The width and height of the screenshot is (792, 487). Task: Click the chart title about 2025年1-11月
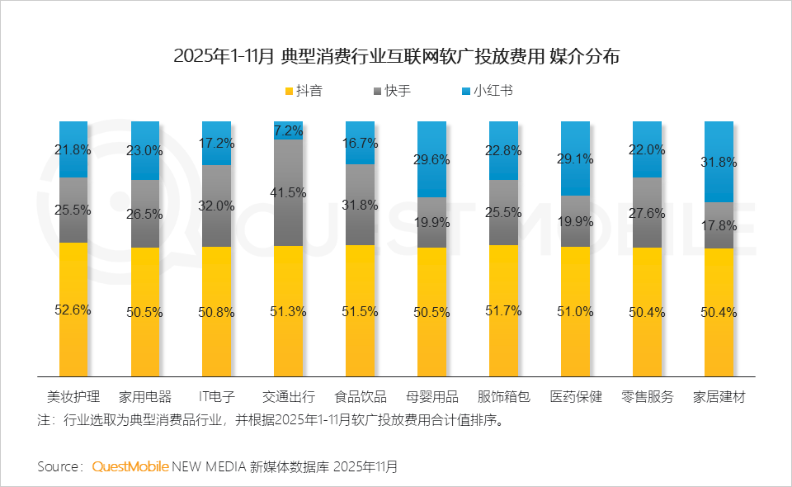pyautogui.click(x=396, y=57)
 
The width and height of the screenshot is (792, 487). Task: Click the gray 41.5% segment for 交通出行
pyautogui.click(x=288, y=192)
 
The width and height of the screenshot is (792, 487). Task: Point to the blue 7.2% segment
pyautogui.click(x=288, y=130)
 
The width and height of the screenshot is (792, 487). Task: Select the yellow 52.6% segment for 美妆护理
pyautogui.click(x=73, y=310)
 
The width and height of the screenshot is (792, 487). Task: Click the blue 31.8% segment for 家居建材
pyautogui.click(x=719, y=162)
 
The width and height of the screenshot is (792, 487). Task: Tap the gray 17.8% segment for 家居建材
pyautogui.click(x=719, y=225)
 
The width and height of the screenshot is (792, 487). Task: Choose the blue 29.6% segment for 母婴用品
pyautogui.click(x=431, y=159)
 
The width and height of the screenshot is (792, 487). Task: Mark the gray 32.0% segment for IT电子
pyautogui.click(x=216, y=206)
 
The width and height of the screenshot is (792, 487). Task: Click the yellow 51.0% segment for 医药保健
pyautogui.click(x=575, y=311)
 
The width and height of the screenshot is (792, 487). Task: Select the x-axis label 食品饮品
pyautogui.click(x=360, y=397)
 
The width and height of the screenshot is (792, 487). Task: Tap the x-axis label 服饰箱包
pyautogui.click(x=503, y=397)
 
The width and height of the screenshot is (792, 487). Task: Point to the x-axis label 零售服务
pyautogui.click(x=647, y=397)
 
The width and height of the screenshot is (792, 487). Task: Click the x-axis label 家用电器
pyautogui.click(x=144, y=397)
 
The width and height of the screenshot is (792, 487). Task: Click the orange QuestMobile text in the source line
pyautogui.click(x=130, y=466)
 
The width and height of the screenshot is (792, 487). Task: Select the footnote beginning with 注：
pyautogui.click(x=269, y=419)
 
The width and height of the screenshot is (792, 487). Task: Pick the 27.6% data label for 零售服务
pyautogui.click(x=647, y=213)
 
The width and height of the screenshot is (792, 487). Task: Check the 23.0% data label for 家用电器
pyautogui.click(x=144, y=151)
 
